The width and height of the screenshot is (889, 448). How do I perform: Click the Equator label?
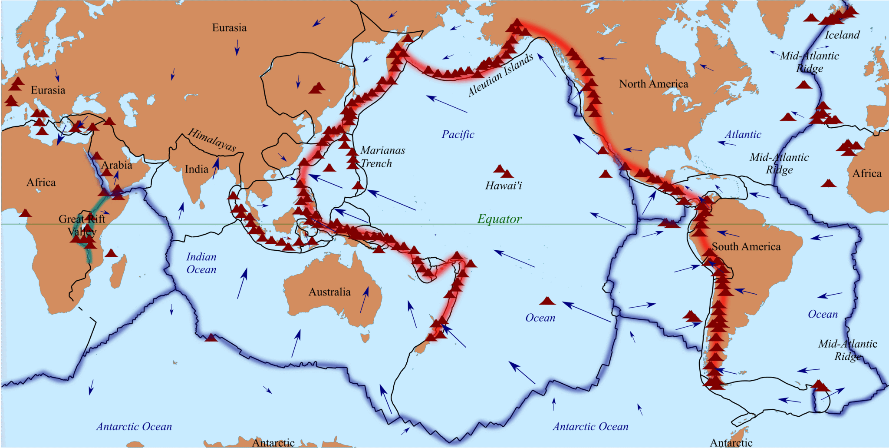point(500,219)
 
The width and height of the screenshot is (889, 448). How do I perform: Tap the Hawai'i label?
point(504,186)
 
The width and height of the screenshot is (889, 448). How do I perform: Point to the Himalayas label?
point(212,140)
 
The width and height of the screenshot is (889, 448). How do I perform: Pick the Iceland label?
point(842,35)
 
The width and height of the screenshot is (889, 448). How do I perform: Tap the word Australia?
point(329,292)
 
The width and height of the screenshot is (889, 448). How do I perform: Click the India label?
point(197,169)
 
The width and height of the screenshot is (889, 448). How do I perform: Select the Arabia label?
point(117,165)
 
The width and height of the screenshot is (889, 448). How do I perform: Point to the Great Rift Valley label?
point(82,225)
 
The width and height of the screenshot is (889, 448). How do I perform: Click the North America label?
point(653,84)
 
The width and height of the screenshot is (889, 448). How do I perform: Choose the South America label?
point(746,247)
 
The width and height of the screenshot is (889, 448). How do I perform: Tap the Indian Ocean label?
point(201,263)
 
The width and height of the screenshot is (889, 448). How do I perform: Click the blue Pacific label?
point(458,134)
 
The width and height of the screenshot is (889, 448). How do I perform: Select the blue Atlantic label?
point(743,135)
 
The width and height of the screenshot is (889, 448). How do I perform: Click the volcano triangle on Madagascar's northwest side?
point(111,253)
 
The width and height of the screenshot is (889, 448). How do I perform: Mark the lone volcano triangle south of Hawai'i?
point(547,301)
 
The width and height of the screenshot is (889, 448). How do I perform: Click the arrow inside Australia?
point(364,299)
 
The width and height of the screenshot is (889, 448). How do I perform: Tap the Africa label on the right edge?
point(867,173)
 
